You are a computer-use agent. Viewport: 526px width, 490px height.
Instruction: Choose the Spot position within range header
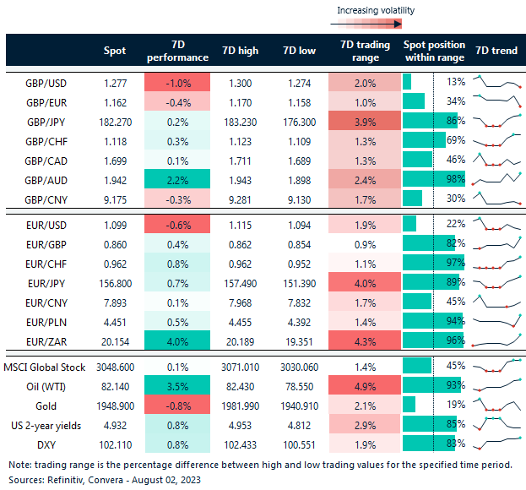pyautogui.click(x=434, y=51)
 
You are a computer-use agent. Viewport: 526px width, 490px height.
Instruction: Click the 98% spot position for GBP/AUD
pyautogui.click(x=455, y=179)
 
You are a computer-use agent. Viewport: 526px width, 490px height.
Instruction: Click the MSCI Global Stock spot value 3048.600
pyautogui.click(x=113, y=366)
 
